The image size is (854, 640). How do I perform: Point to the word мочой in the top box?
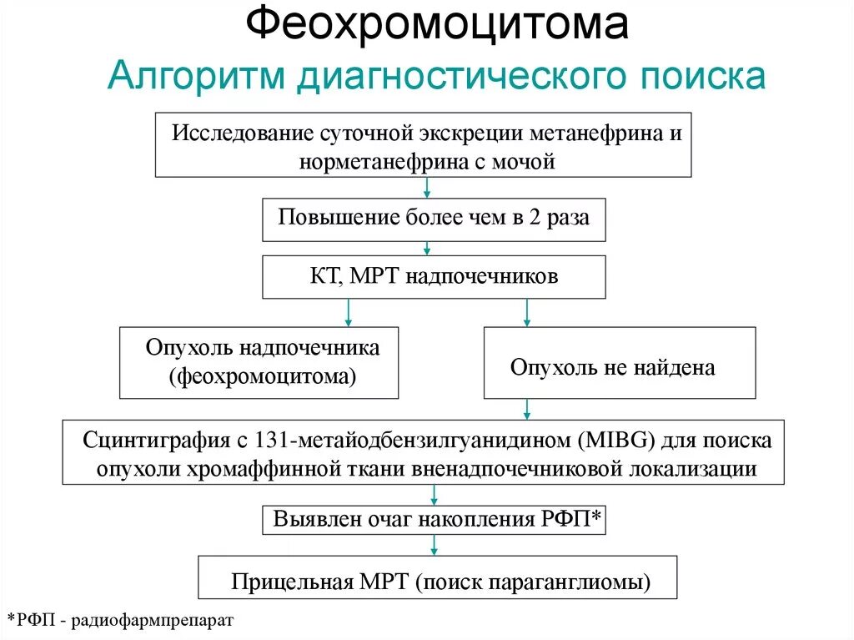click(x=527, y=161)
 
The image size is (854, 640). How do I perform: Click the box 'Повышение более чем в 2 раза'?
click(x=434, y=219)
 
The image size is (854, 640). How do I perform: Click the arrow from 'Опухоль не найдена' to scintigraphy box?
click(x=526, y=409)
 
